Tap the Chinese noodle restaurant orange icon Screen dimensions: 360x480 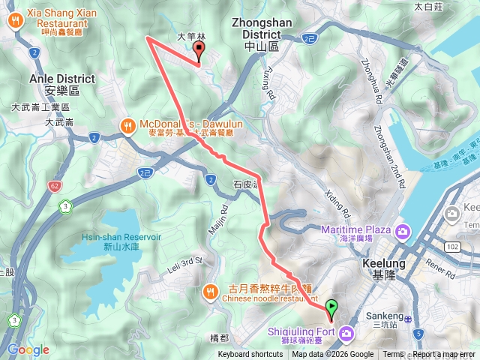[x=211, y=290]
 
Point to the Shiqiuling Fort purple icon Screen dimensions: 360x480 [x=346, y=332]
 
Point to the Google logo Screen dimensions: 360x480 [x=28, y=349]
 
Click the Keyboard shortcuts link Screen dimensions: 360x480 [x=250, y=355]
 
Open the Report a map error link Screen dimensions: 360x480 [x=444, y=355]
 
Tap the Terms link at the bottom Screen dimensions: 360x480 [x=393, y=355]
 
